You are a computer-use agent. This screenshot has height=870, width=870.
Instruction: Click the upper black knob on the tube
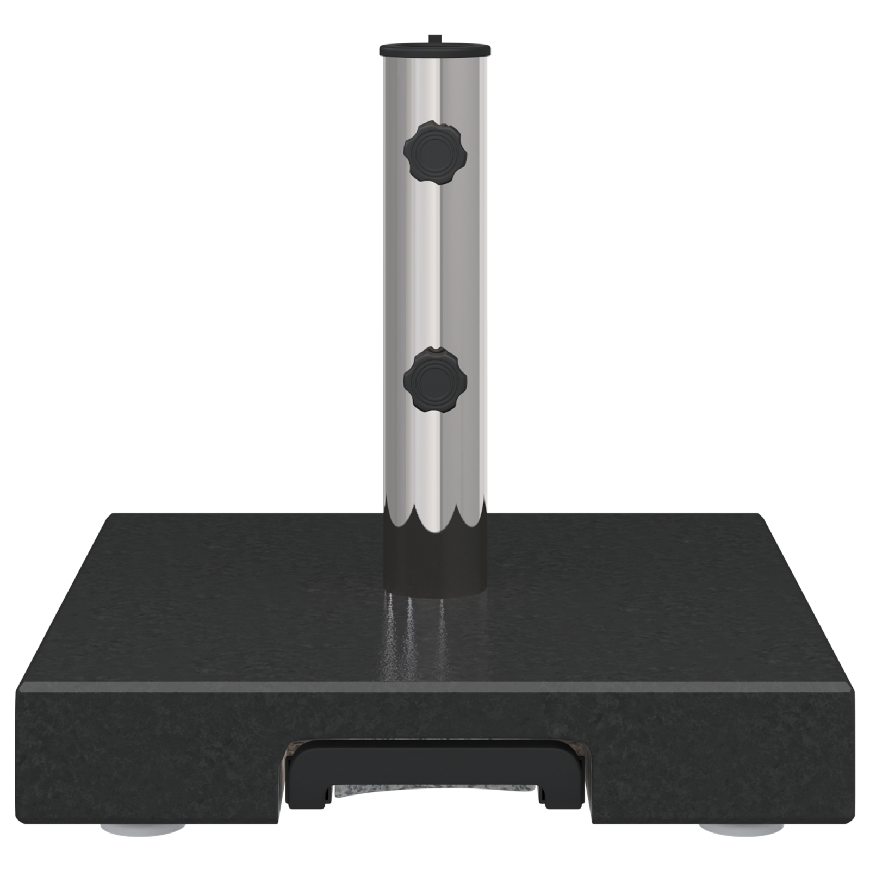432,153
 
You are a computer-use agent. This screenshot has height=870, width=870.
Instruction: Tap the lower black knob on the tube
432,378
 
